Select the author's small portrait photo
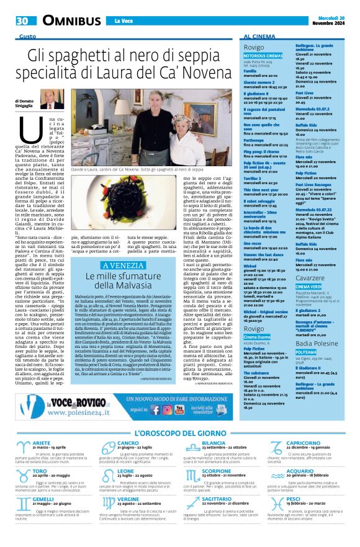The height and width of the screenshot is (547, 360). point(50,100)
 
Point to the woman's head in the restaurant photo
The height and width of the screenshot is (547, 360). point(202,117)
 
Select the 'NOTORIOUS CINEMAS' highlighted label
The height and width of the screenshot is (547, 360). point(263,56)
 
